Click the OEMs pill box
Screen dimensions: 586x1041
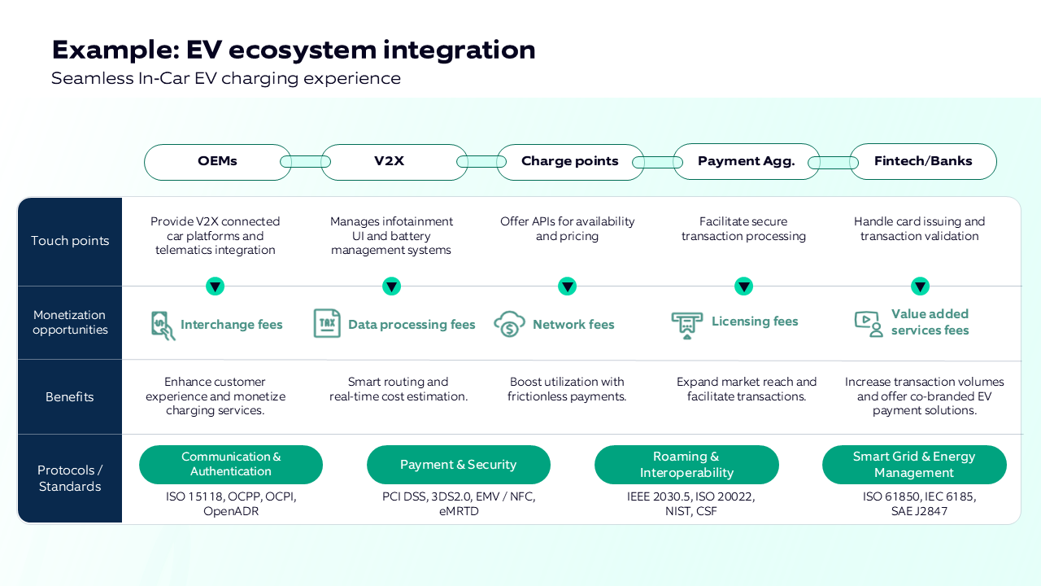(217, 162)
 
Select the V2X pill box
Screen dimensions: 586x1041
(390, 162)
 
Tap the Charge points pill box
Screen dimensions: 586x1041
(569, 162)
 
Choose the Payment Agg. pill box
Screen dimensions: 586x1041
(746, 162)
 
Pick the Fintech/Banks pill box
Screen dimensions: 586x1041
(923, 162)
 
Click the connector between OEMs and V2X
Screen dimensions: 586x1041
(306, 162)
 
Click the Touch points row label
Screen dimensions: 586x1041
(70, 241)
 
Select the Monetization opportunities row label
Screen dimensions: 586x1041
(70, 322)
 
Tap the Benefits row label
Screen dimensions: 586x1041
(70, 397)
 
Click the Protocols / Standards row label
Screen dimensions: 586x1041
(70, 479)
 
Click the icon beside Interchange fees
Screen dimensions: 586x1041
(163, 325)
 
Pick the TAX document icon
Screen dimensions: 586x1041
(327, 323)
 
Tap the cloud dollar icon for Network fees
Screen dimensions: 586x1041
(509, 324)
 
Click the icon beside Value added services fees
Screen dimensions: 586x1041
(869, 323)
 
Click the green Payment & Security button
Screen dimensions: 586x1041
(459, 465)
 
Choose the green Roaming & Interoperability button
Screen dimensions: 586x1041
(686, 465)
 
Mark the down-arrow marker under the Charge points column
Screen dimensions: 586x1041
(568, 286)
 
